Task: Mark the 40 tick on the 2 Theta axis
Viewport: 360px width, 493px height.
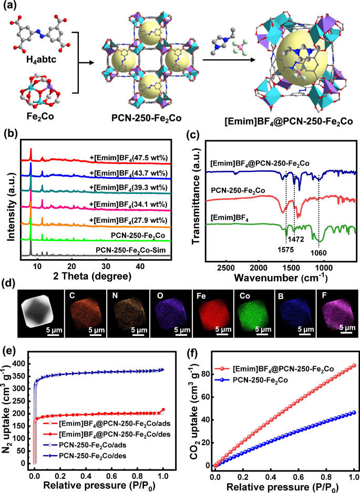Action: coord(140,266)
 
